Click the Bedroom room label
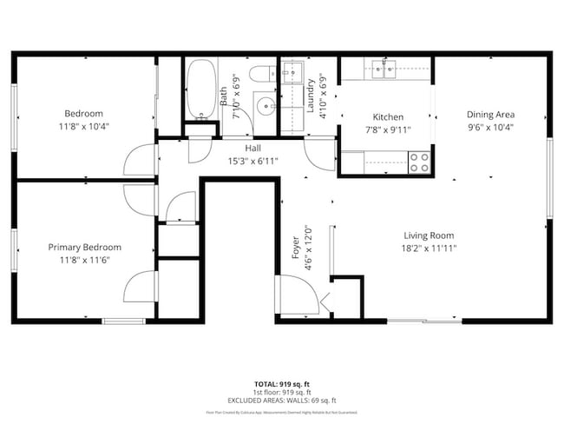84,114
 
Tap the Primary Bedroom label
84,248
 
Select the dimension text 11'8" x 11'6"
84,260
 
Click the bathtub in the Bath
201,89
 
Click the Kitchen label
388,117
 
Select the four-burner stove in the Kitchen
420,161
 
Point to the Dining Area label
491,114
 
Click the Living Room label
429,235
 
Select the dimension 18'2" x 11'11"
429,248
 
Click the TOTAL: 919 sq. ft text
282,383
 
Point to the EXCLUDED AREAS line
282,400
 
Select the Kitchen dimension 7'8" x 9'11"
388,130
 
